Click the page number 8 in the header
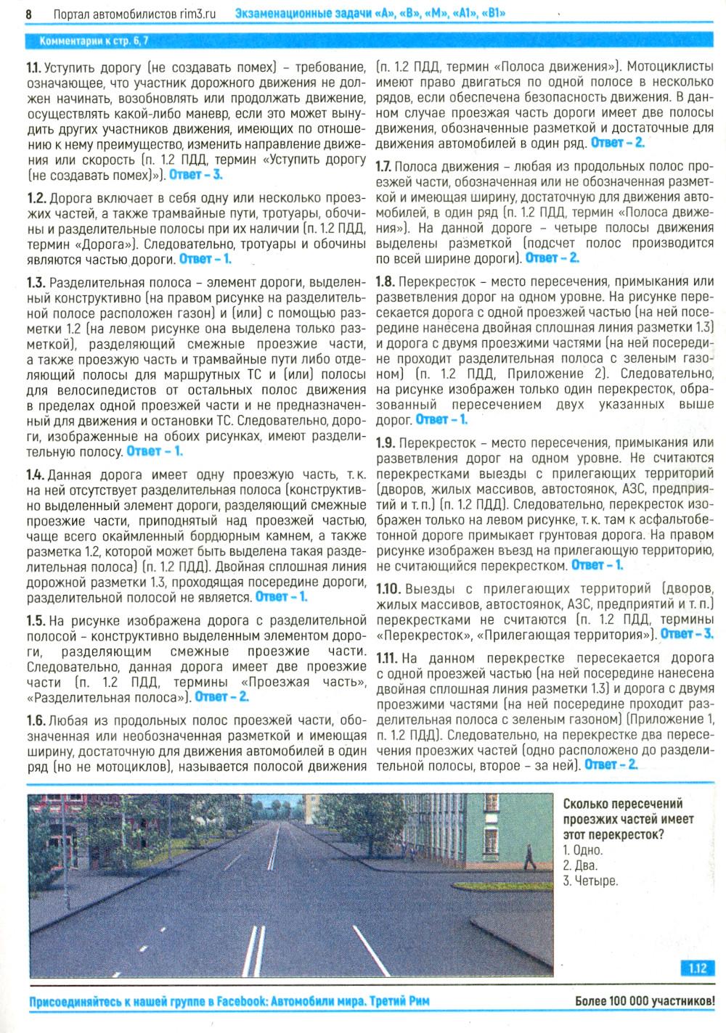(29, 14)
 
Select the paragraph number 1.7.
(384, 167)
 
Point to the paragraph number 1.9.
(386, 443)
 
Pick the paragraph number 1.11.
(387, 658)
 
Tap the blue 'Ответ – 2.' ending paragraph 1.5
(222, 697)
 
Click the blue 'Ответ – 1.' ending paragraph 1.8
(441, 419)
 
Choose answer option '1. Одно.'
(583, 850)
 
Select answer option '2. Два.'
(581, 865)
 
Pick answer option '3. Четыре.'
(590, 881)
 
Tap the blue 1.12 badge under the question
(698, 968)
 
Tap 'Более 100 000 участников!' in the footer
(645, 1001)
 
